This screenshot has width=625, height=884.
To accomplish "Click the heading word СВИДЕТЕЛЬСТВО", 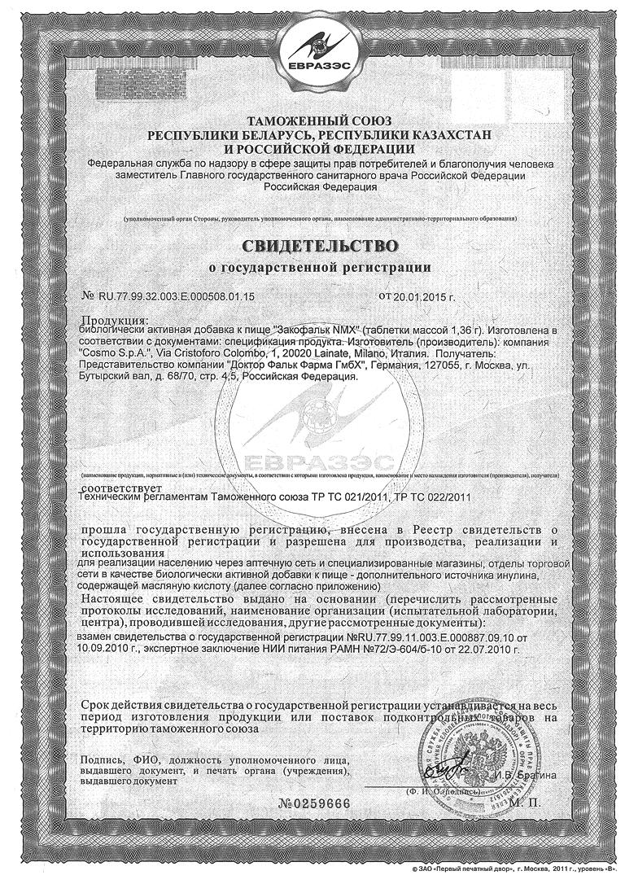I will click(x=319, y=245).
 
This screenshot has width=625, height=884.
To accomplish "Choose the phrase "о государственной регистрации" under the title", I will click(x=319, y=266).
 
